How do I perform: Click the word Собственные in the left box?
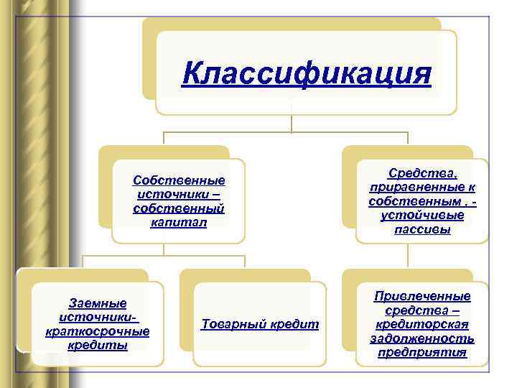[x=180, y=180]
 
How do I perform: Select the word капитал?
[x=179, y=223]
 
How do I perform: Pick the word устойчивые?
[x=422, y=216]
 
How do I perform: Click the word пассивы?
[x=422, y=230]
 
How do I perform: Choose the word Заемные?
[x=97, y=303]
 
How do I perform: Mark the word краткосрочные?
[x=97, y=331]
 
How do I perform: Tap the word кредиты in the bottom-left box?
[x=97, y=346]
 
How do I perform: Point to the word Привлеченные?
[x=422, y=296]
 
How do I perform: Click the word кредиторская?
[x=422, y=324]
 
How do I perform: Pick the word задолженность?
[x=422, y=338]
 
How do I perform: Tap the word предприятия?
[x=422, y=353]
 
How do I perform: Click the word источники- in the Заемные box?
[x=97, y=317]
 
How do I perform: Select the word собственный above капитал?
[x=179, y=208]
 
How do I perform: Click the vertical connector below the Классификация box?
[x=292, y=124]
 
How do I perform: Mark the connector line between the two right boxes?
[x=408, y=256]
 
